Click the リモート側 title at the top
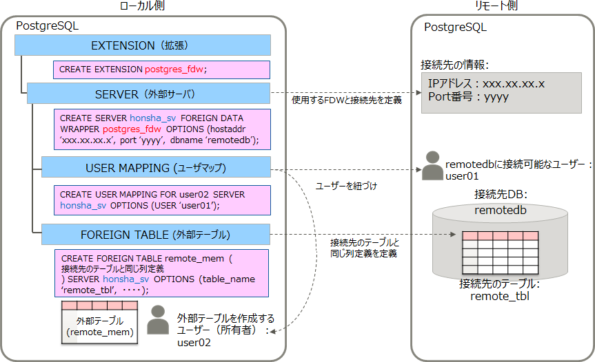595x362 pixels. point(496,6)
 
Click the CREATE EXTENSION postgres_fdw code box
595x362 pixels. point(161,70)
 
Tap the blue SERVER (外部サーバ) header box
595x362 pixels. point(148,94)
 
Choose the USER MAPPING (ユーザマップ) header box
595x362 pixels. point(155,167)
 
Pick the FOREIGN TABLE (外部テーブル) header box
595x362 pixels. point(155,233)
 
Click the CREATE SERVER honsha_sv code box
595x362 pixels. point(161,129)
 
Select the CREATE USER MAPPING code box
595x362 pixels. point(161,200)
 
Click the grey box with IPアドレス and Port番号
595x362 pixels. point(492,90)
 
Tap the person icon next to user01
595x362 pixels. point(432,166)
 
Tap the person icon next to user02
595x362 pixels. point(158,320)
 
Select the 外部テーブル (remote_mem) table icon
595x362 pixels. point(99,322)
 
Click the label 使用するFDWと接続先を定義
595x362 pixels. point(347,100)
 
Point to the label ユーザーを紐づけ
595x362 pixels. point(346,186)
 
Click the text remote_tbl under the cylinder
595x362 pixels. point(500,297)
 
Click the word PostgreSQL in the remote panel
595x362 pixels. point(455,28)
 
